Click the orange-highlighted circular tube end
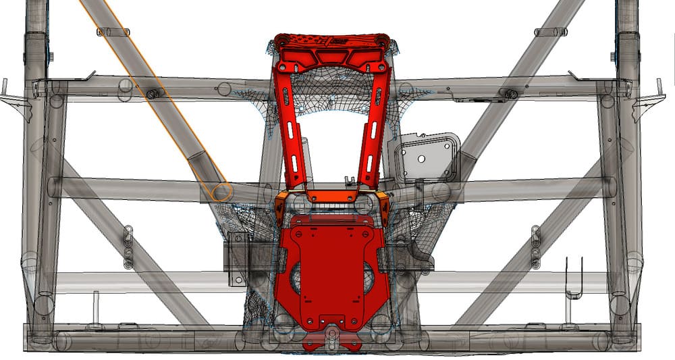pos(221,192)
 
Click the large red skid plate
pos(331,270)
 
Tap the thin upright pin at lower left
pos(95,307)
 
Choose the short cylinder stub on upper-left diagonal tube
pos(113,32)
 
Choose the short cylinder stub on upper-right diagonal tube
pos(551,32)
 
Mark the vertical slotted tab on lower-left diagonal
pos(128,247)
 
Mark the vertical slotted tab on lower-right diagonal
pos(535,247)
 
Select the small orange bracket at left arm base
pos(280,205)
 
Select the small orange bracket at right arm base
pos(382,205)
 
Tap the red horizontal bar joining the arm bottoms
pos(331,196)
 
